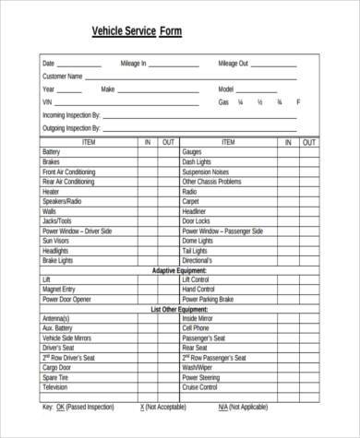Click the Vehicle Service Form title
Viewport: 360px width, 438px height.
click(x=137, y=31)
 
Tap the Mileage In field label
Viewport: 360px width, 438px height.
click(x=133, y=64)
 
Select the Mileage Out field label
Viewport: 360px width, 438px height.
click(x=233, y=64)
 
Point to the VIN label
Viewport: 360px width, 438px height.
click(x=47, y=102)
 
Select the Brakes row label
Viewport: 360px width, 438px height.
click(x=51, y=161)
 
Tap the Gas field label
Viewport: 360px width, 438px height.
click(x=222, y=102)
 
